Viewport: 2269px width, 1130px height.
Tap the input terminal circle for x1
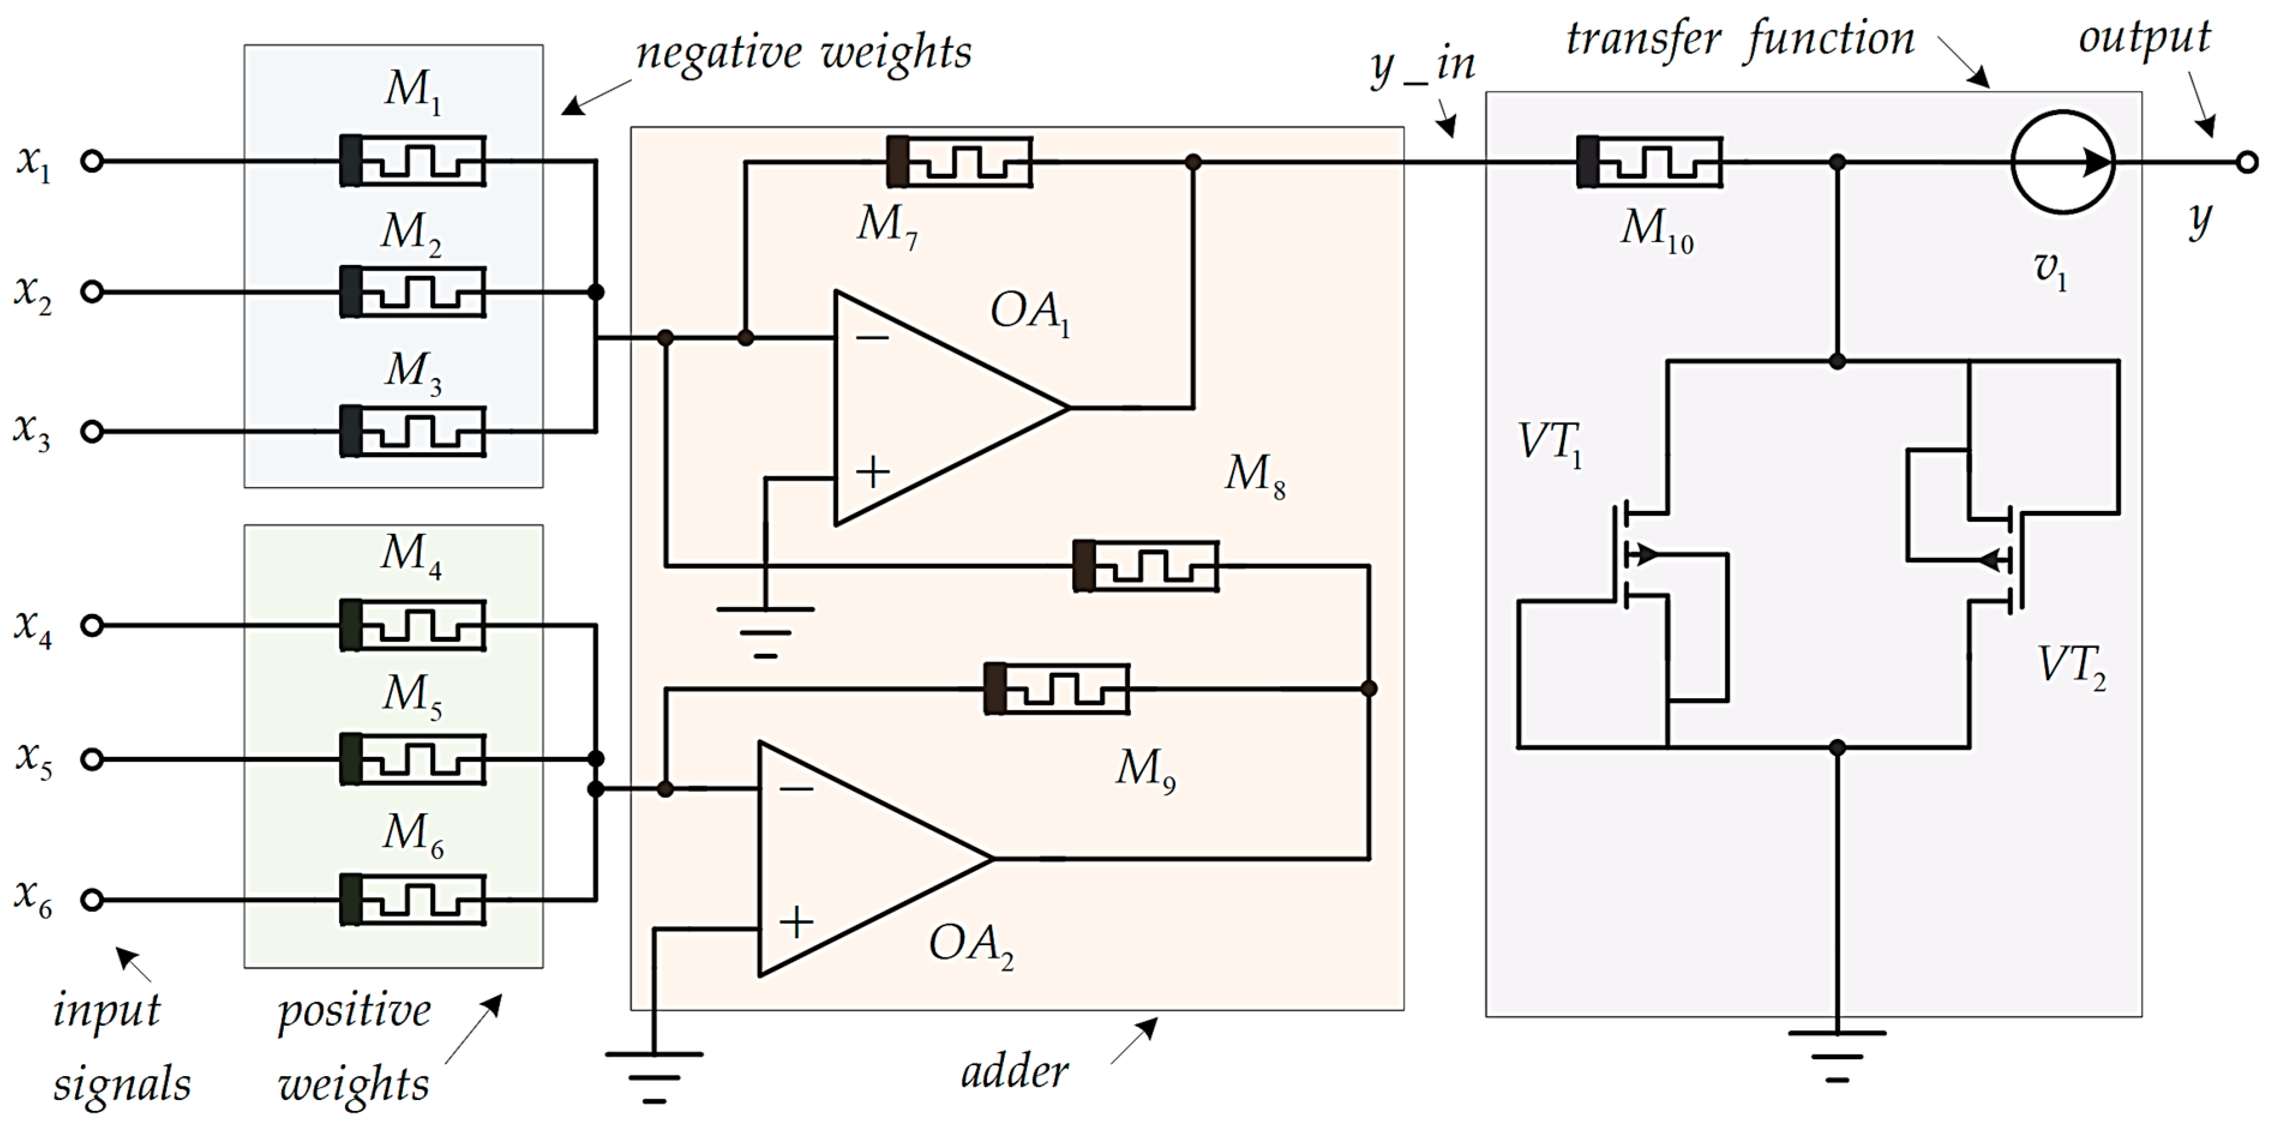coord(92,161)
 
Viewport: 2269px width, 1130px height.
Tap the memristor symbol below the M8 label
coord(1145,566)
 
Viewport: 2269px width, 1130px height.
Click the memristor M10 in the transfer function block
coord(1649,162)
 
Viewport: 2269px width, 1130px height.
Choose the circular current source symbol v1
coord(2063,162)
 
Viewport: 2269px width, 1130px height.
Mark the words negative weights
coord(803,53)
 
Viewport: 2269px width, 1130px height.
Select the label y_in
coord(1422,66)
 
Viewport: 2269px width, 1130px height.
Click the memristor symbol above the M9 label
coord(1055,689)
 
